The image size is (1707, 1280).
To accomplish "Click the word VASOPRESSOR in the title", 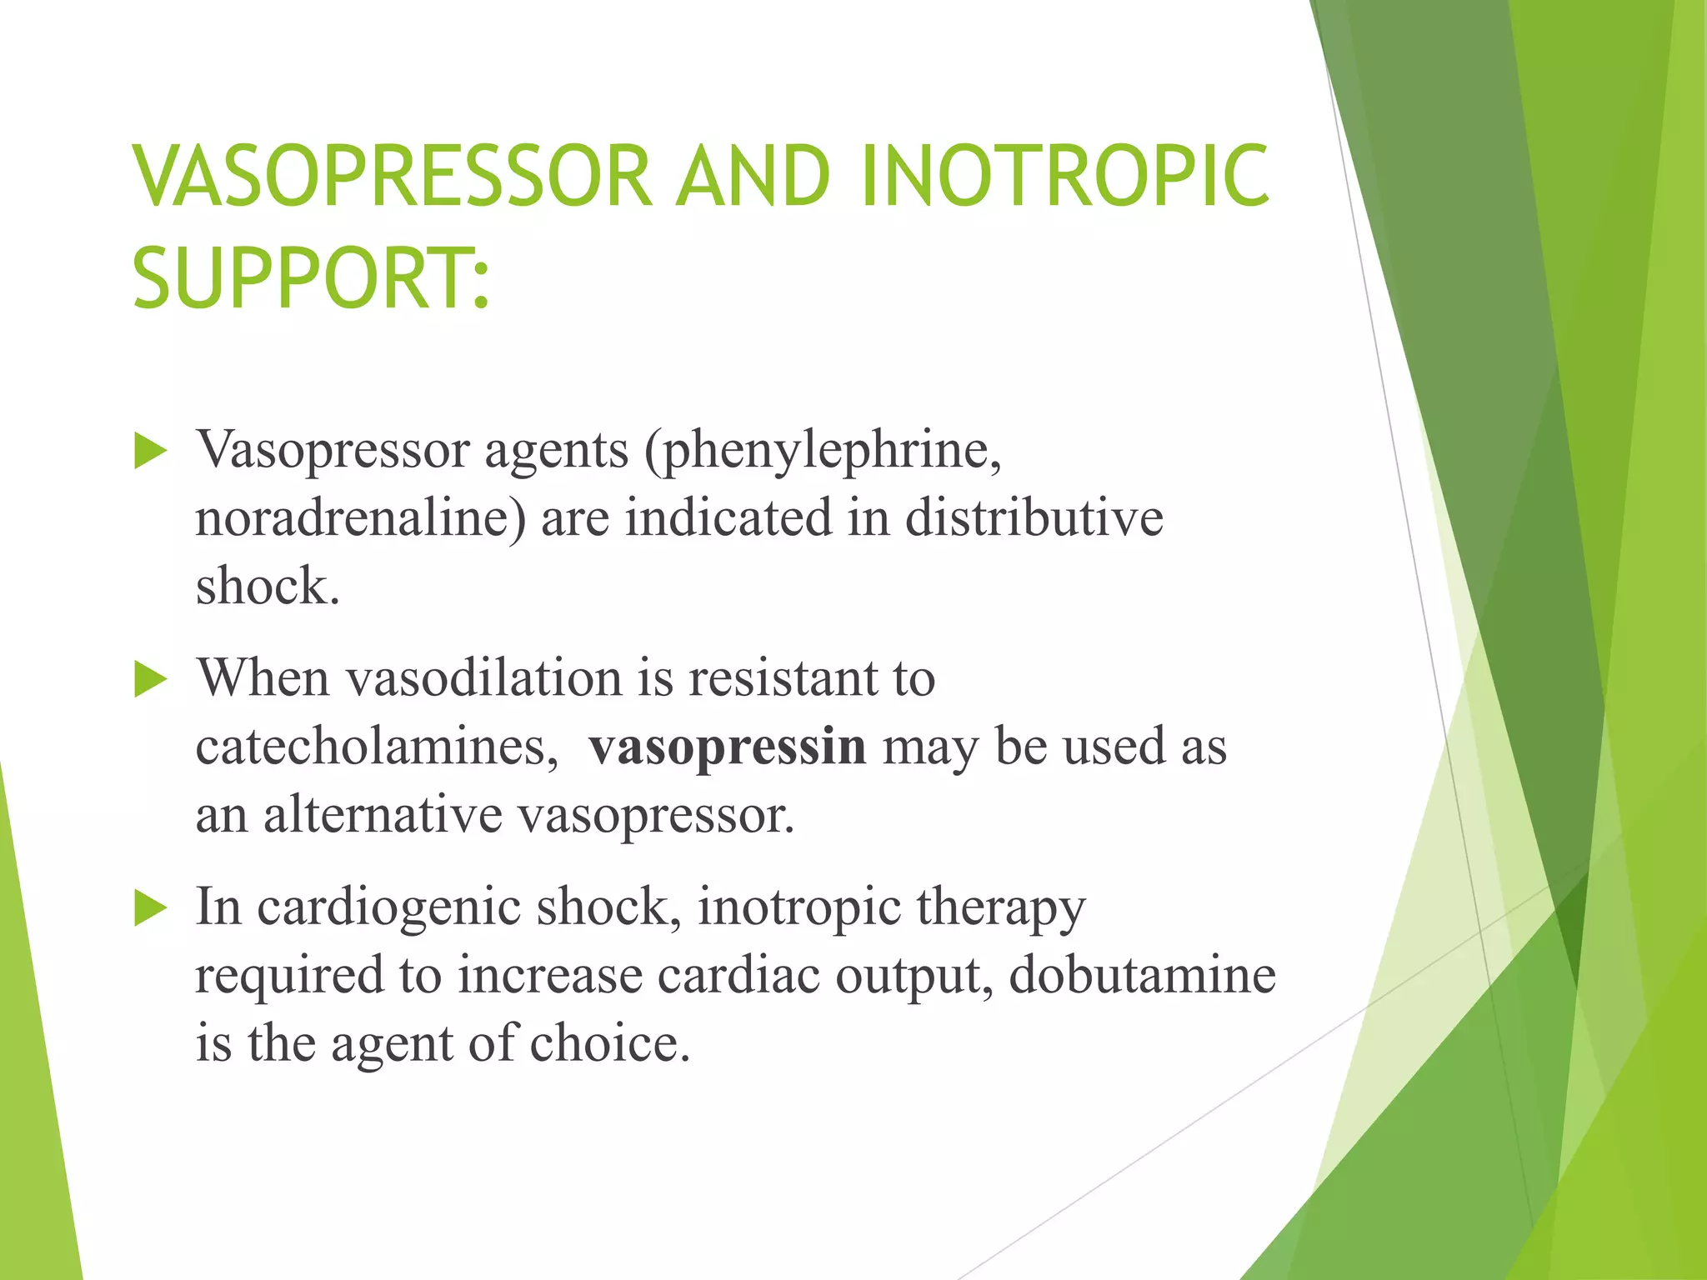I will tap(392, 176).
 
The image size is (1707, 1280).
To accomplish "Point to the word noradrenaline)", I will tap(361, 517).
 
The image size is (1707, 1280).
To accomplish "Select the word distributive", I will tap(1034, 517).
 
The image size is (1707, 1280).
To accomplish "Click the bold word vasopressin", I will tap(728, 746).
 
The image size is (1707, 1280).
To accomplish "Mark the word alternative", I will tap(383, 814).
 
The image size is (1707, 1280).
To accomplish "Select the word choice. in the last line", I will tap(610, 1042).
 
